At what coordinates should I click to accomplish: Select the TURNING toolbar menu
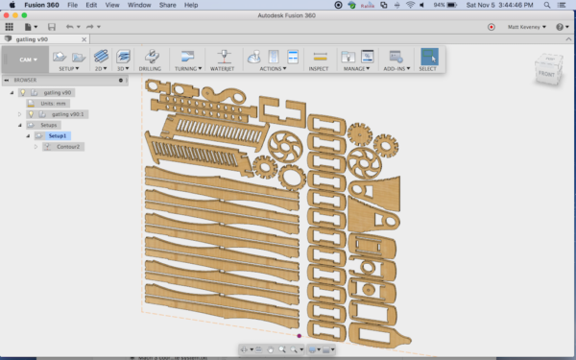[185, 69]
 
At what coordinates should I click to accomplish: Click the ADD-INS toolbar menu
[395, 69]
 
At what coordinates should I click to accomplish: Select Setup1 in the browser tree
[59, 135]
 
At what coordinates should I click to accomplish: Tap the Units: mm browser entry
[52, 103]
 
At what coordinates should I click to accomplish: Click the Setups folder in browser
[48, 125]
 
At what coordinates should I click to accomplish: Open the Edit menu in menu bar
[91, 5]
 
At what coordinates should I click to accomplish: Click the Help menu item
[191, 5]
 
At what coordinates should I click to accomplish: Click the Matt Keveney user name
[523, 27]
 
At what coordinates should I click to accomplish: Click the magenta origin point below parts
[300, 335]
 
